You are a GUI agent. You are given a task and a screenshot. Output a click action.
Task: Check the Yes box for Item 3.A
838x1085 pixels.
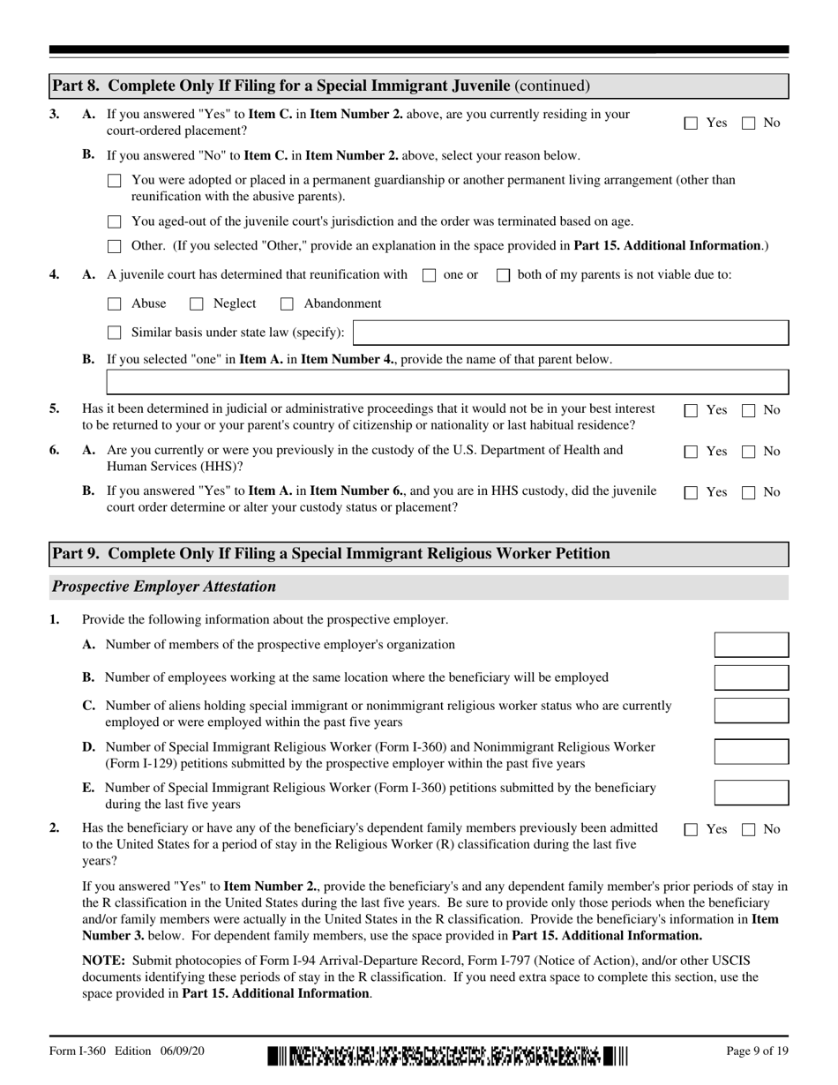(692, 123)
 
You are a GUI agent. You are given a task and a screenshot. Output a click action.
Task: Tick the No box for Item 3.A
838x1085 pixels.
(748, 123)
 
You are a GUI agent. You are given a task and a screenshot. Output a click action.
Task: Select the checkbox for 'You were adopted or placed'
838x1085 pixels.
(114, 181)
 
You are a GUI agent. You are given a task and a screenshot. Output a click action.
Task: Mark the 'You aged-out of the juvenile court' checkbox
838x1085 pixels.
(114, 222)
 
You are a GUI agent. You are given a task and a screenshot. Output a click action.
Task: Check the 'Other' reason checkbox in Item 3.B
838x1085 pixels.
(114, 247)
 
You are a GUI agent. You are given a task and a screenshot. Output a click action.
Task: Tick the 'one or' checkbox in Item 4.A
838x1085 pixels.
(430, 275)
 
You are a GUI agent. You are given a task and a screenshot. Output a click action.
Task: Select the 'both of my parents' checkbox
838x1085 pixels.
(504, 275)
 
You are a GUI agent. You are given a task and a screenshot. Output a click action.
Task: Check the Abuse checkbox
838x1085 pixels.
(114, 304)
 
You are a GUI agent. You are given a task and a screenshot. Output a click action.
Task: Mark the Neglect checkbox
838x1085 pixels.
(196, 304)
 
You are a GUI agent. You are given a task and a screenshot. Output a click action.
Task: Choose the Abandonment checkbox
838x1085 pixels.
(287, 304)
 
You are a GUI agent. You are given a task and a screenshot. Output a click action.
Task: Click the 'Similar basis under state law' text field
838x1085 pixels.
(571, 333)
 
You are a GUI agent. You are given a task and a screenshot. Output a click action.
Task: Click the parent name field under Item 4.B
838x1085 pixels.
(447, 382)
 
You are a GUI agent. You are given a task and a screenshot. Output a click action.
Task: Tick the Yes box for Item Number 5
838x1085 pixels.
(692, 410)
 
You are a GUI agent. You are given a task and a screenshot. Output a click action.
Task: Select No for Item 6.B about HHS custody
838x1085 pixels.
(748, 492)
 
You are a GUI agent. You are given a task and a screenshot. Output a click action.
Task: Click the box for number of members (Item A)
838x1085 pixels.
(751, 645)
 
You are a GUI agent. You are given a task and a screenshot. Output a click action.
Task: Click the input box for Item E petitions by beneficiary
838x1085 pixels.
(751, 792)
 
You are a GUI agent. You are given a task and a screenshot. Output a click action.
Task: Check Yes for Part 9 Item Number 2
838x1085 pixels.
(692, 829)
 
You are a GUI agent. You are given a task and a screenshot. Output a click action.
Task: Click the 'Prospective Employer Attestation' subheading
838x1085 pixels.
(164, 587)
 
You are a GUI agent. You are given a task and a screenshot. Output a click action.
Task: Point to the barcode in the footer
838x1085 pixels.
(447, 1055)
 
